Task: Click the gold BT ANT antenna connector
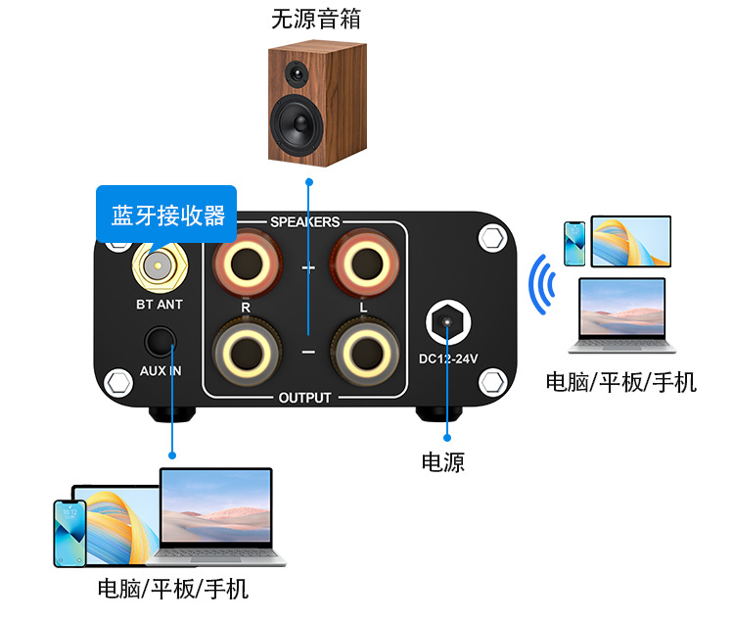click(x=158, y=264)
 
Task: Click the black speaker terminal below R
click(x=248, y=352)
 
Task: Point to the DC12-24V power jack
click(x=449, y=322)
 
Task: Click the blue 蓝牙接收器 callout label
click(x=166, y=215)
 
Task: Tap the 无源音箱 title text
click(x=309, y=19)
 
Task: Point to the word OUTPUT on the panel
click(x=304, y=398)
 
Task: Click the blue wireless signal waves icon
click(x=541, y=285)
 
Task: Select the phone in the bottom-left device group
click(x=69, y=533)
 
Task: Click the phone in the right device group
click(x=576, y=244)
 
